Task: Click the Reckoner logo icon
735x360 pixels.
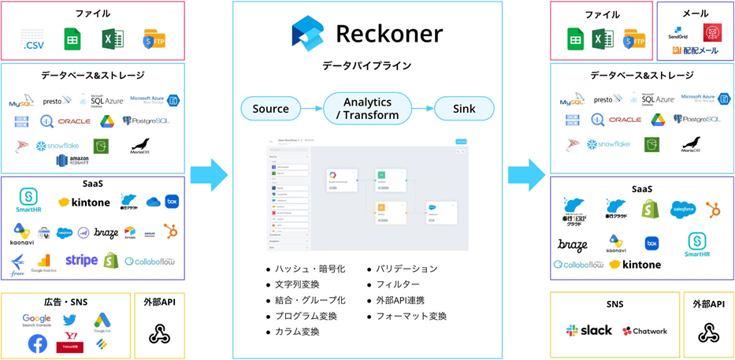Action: pos(307,34)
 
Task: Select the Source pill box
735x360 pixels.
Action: pos(270,109)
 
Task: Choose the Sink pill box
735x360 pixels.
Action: pos(464,109)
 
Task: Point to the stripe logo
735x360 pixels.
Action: pos(81,260)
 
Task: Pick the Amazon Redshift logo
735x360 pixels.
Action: pos(72,161)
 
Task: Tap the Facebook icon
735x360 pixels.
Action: pos(37,343)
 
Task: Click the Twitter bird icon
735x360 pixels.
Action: pos(69,320)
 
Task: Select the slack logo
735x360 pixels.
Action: pos(588,331)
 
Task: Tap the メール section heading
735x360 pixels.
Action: pos(695,13)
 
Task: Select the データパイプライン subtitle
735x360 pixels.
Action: pos(366,65)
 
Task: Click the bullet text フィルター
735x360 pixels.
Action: pos(397,284)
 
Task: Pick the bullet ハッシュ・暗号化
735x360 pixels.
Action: pos(310,269)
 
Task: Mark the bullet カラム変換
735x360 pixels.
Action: pos(297,332)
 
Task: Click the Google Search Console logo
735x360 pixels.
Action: pos(36,321)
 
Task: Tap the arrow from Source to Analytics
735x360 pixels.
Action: pos(312,109)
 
